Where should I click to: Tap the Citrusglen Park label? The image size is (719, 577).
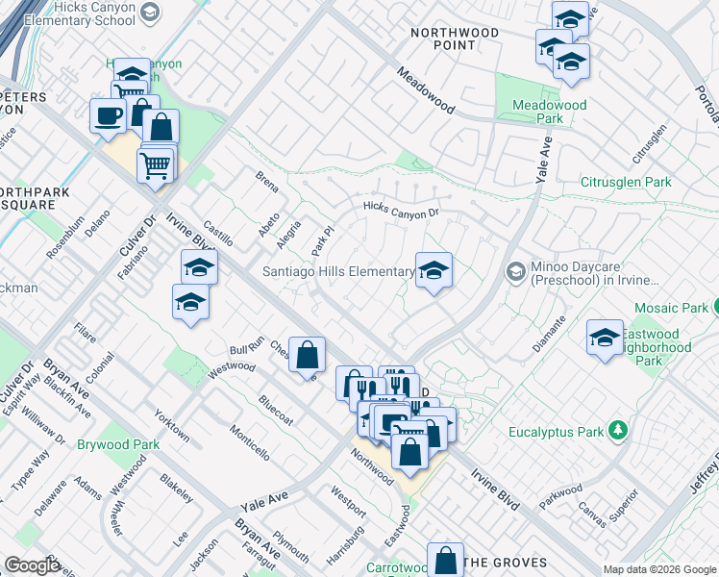[x=626, y=182]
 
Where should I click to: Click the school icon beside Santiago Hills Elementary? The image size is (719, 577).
[x=434, y=271]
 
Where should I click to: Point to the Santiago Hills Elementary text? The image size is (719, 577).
[x=338, y=272]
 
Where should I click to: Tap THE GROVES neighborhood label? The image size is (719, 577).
[x=505, y=563]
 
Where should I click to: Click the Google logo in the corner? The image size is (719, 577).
[x=32, y=564]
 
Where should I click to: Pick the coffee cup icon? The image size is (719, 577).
[x=108, y=116]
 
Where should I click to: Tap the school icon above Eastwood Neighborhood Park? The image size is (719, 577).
[x=605, y=338]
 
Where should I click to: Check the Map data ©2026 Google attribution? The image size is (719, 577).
[x=658, y=569]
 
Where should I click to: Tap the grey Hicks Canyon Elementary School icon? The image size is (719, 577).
[x=149, y=12]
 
